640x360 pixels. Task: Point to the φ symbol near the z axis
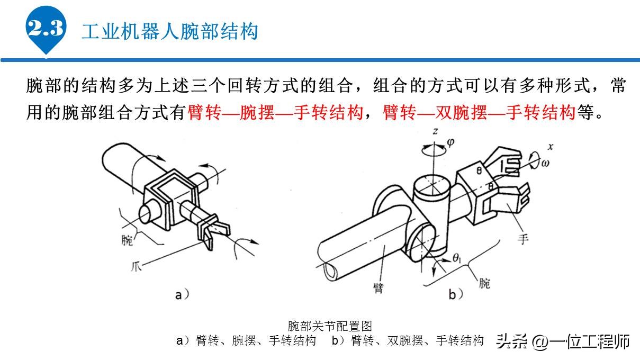pos(450,142)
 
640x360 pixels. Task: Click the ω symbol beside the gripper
pos(545,163)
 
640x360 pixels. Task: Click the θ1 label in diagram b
pos(458,259)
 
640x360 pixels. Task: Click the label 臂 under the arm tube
pos(378,287)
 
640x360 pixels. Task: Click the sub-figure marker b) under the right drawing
pos(456,294)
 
